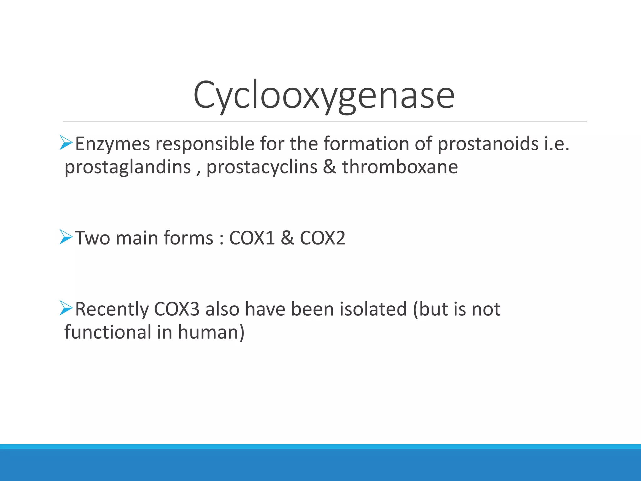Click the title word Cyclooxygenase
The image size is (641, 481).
(324, 95)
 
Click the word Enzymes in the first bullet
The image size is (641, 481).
(112, 144)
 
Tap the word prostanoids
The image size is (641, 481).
(488, 144)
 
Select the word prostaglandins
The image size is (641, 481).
(128, 167)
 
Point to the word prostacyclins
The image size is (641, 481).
(262, 167)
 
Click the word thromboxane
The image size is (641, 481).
(400, 167)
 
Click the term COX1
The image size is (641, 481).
(252, 238)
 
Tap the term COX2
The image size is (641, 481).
(322, 238)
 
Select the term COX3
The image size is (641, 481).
(177, 309)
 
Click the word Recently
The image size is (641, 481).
(112, 309)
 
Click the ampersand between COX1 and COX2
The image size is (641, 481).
(287, 238)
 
